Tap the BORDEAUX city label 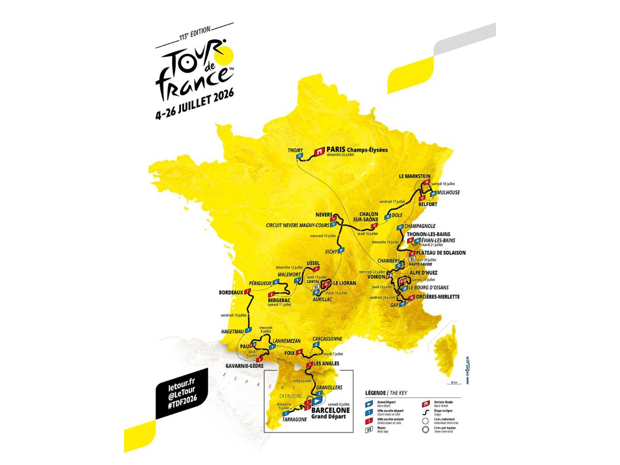tap(230, 292)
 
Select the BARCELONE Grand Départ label tap(331, 413)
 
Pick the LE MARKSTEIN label tap(415, 176)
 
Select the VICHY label tap(331, 251)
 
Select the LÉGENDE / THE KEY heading tap(386, 393)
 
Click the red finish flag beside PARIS tap(319, 151)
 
